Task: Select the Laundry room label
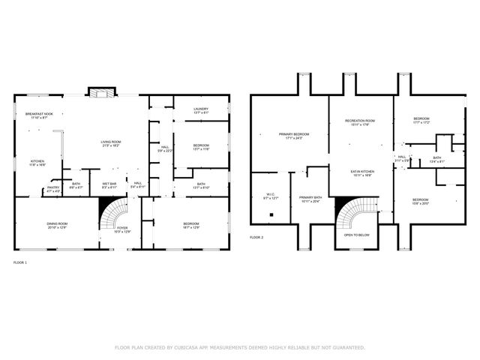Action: [200, 111]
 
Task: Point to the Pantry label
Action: [54, 190]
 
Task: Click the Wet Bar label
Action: [109, 185]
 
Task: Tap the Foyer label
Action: [122, 229]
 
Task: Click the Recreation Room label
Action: [359, 122]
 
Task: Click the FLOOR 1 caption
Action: [20, 262]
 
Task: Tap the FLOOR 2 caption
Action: [257, 237]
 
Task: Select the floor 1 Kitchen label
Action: [37, 163]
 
